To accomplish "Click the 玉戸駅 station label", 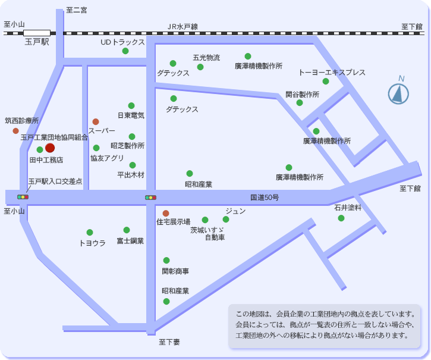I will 36,42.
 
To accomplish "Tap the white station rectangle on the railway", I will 37,33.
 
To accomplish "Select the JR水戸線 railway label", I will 183,27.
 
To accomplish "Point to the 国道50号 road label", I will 264,197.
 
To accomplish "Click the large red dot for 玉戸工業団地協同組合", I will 50,148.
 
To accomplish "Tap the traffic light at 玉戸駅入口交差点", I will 23,196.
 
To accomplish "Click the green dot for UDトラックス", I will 125,51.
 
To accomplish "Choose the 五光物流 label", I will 206,58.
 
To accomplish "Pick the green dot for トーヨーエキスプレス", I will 326,82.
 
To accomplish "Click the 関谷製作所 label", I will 302,94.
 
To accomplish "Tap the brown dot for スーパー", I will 96,121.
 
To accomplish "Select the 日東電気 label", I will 131,115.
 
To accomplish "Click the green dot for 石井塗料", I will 341,218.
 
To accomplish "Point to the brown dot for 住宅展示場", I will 166,213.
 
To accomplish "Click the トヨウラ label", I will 92,243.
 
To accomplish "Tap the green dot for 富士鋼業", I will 127,230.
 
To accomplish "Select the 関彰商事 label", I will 175,271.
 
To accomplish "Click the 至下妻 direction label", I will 169,342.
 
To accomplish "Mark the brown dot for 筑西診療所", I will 16,131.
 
